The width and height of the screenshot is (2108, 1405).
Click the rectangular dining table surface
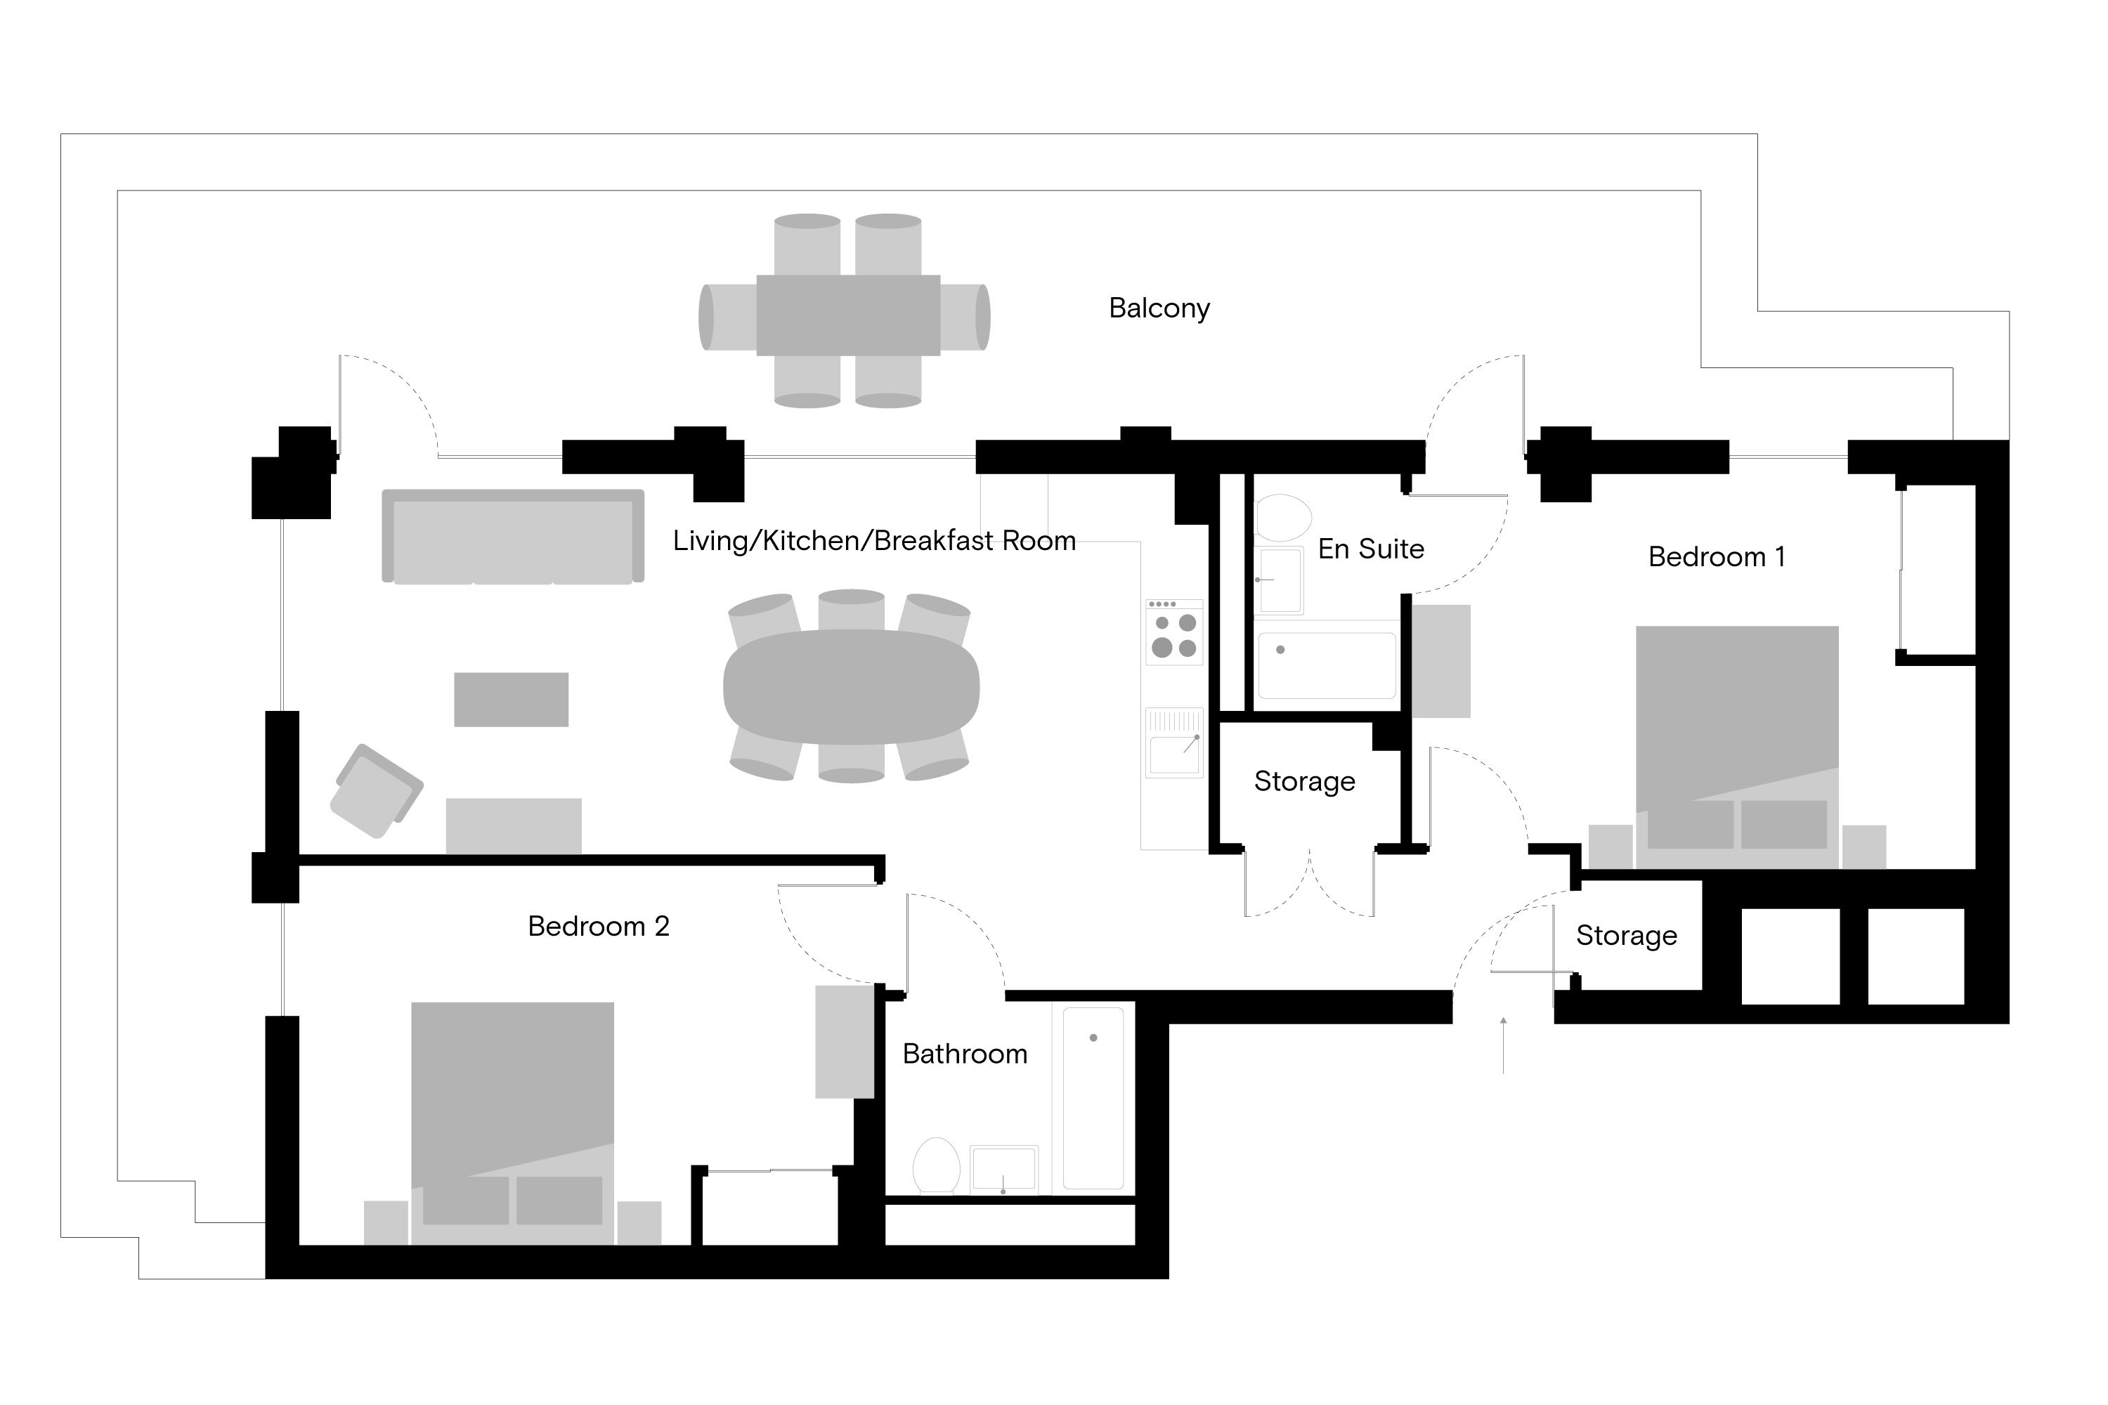[848, 315]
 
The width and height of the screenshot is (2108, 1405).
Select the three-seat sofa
[513, 537]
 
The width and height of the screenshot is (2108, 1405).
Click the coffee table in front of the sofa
[511, 699]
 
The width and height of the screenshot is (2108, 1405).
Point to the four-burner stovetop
[1174, 633]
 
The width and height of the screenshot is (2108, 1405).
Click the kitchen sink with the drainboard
[1174, 743]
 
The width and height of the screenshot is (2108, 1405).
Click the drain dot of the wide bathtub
[1280, 650]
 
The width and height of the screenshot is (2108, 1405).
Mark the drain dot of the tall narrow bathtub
[1093, 1038]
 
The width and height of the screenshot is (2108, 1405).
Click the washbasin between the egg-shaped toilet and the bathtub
[1004, 1170]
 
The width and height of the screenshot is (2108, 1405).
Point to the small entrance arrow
[1503, 1021]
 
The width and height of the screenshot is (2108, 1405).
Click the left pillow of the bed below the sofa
[465, 1200]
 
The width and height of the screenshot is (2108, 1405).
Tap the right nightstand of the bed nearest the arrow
[1864, 847]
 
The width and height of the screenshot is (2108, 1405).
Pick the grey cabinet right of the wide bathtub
[1441, 661]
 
